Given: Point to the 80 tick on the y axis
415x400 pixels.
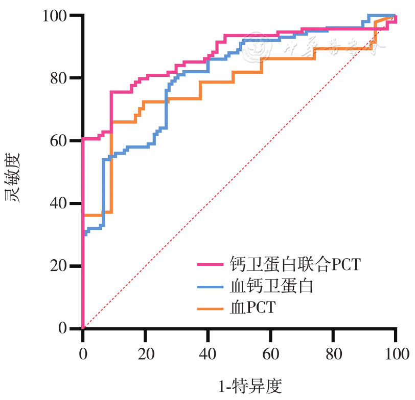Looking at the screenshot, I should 59,78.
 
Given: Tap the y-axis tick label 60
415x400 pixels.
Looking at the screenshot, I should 59,141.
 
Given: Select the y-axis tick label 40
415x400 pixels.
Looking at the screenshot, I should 59,203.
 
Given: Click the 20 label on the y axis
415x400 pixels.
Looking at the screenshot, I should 59,266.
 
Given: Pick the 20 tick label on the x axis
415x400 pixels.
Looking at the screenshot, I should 145,353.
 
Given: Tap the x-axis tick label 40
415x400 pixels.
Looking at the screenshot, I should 207,353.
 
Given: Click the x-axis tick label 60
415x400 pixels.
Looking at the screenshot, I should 270,353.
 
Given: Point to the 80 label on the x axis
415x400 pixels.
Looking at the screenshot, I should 333,353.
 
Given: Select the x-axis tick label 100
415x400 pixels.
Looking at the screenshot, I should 395,353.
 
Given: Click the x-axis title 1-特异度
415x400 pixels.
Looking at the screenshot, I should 250,386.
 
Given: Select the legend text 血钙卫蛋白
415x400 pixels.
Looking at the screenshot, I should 271,286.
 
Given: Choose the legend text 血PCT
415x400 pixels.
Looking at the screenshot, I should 252,307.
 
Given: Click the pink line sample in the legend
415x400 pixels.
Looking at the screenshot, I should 210,265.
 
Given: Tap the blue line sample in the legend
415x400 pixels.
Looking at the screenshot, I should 210,286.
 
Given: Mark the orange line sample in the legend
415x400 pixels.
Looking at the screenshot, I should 210,308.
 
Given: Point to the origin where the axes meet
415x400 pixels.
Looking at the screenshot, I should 83,328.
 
